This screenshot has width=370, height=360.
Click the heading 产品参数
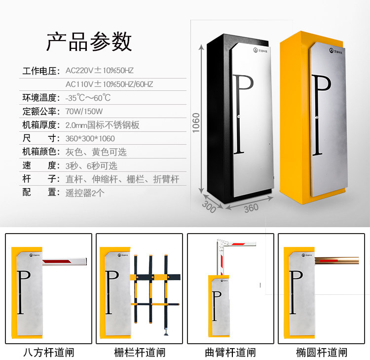(x=89, y=42)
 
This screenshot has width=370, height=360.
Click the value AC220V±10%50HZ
(x=100, y=71)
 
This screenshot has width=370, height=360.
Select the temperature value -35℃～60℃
(x=88, y=98)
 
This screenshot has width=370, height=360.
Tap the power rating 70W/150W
(x=84, y=111)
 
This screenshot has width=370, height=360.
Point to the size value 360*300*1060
(x=90, y=138)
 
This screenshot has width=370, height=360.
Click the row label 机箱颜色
(x=39, y=152)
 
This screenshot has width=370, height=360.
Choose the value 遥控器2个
(x=85, y=193)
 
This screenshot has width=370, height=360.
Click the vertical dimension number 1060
(x=196, y=123)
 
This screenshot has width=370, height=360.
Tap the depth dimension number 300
(x=209, y=207)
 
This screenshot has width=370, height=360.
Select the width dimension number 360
(x=251, y=208)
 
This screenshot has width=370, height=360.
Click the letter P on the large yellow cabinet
(x=321, y=115)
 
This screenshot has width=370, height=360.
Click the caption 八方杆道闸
(x=49, y=353)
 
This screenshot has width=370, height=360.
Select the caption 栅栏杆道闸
(x=140, y=353)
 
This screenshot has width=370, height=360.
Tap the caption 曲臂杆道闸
(x=230, y=353)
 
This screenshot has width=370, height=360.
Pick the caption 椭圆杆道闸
(x=322, y=353)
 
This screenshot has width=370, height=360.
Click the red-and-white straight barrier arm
(x=65, y=262)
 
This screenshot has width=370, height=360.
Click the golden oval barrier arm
(x=337, y=261)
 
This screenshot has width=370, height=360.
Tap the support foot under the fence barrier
(x=166, y=332)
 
